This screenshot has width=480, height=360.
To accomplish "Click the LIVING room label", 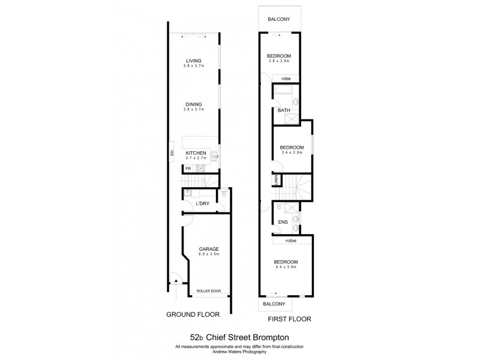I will pos(193,61).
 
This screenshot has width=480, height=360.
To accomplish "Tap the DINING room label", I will pos(193,104).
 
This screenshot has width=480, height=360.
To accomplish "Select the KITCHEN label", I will pos(196,154).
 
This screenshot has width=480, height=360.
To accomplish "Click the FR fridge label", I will pos(188,169).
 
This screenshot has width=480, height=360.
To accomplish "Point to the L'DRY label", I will pos(202,204).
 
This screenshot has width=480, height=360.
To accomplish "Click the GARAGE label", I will pos(209,248).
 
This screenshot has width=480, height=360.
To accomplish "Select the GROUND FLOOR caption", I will pos(193,314).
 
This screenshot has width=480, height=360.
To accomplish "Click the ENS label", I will pos(283,222).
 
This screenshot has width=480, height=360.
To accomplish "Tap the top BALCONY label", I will pos(279,19).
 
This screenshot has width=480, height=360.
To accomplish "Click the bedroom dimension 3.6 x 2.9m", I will pos(279,61).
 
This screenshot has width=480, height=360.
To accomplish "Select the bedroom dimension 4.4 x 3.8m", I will pos(286,268).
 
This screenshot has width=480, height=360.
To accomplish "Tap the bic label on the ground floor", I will pos(172,154).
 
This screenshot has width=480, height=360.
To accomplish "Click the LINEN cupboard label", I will pos(276,179).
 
